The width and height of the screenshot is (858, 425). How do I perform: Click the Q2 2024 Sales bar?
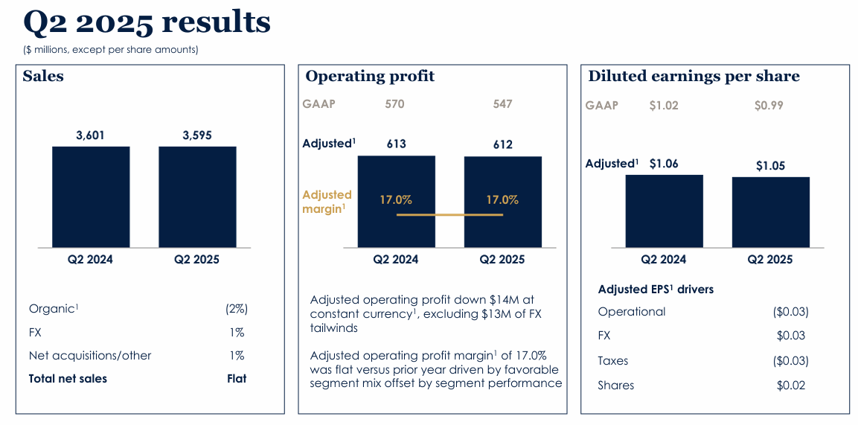[91, 196]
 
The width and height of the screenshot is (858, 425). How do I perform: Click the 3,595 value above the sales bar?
[197, 135]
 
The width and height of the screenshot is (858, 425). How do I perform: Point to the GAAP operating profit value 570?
[395, 104]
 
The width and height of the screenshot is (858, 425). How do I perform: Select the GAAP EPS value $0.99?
[769, 106]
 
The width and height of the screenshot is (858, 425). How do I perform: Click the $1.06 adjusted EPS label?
[664, 164]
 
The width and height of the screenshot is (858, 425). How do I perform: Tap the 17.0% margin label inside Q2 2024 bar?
[396, 199]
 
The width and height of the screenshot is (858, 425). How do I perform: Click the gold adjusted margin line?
[449, 215]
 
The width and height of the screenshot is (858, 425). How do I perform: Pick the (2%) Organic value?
[236, 308]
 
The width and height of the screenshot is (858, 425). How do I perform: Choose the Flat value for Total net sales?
[237, 378]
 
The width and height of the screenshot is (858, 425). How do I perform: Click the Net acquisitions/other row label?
[90, 356]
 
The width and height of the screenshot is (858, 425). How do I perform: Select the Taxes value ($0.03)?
[790, 360]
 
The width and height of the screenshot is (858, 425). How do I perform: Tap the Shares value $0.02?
[790, 385]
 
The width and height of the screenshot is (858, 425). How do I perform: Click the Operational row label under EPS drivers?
[632, 312]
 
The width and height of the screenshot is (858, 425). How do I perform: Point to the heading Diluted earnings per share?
[694, 76]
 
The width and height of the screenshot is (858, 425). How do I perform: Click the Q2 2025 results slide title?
[147, 22]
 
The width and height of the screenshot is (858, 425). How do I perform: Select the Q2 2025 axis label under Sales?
[197, 260]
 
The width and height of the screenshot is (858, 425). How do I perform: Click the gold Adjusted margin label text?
[327, 202]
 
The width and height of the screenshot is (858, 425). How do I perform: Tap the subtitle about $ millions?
[111, 50]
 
